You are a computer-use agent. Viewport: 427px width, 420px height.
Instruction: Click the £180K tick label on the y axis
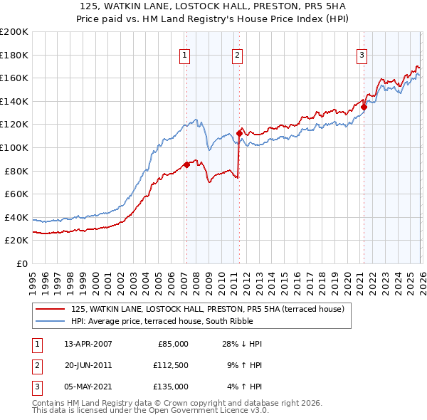[14, 55]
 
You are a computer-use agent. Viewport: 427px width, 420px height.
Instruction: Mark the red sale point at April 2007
[186, 164]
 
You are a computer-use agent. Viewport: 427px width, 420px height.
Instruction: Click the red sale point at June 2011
[239, 133]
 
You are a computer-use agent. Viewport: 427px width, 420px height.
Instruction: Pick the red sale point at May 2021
[364, 107]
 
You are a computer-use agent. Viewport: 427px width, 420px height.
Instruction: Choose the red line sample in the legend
[51, 309]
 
